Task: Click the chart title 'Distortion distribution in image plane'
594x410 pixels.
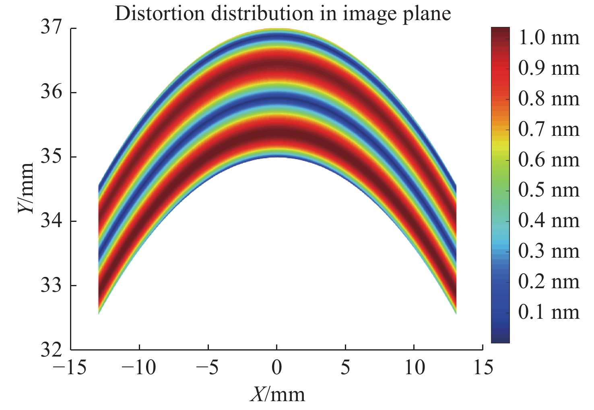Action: pos(283,14)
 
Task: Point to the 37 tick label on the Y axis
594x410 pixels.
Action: pos(52,29)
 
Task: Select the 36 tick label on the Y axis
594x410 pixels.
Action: pos(52,93)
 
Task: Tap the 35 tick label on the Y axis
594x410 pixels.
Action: pos(52,157)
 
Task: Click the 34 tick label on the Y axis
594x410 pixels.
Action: pos(52,221)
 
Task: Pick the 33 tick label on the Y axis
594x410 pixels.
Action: pos(52,285)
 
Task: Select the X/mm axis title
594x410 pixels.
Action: pos(277,394)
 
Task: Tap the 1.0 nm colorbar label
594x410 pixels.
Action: pos(549,38)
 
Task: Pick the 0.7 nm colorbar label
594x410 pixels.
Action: pos(549,129)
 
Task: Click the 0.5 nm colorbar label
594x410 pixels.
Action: pos(549,190)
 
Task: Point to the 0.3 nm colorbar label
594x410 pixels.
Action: pos(549,251)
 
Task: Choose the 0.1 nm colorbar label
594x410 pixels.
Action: pos(549,312)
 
